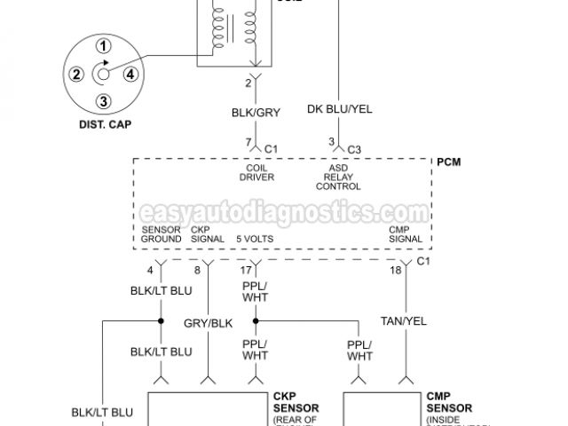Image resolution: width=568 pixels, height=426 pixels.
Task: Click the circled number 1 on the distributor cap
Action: pos(104,46)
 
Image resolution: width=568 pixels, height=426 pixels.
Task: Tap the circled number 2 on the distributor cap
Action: pos(76,74)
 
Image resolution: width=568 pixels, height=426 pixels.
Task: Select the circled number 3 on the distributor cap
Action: pos(104,100)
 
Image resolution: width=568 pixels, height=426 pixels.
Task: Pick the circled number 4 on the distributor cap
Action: pos(130,74)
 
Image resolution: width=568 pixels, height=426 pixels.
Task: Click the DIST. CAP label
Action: pos(104,125)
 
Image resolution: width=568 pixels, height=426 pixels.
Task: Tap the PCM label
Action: pos(448,163)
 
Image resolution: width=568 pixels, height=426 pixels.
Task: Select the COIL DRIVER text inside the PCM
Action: pos(256,172)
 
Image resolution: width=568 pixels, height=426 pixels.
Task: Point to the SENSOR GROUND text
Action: pos(162,234)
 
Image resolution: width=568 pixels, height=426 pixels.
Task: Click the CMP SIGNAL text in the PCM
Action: pos(405,234)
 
